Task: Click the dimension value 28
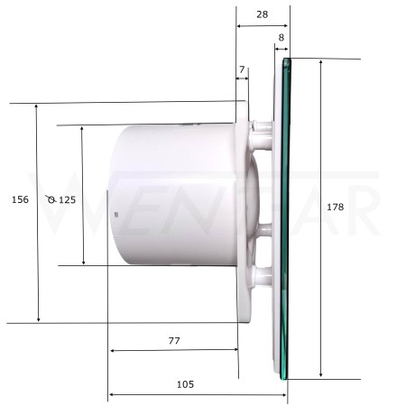(262, 14)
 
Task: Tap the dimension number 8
(281, 38)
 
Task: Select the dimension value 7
(242, 69)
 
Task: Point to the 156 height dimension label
(20, 199)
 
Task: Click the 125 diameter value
(67, 200)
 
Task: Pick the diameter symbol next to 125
(51, 199)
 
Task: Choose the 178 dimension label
(335, 207)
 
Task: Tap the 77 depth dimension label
(174, 341)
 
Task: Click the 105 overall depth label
(185, 384)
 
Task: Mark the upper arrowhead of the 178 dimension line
(321, 62)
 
